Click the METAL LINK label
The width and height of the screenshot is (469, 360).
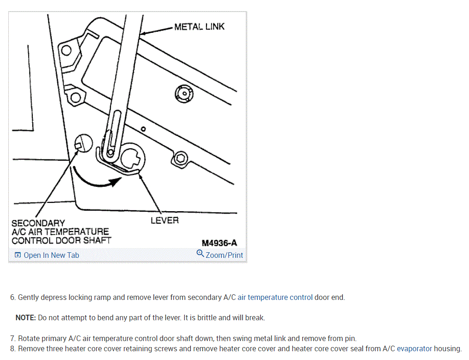(199, 27)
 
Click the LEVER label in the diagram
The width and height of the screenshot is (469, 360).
(164, 220)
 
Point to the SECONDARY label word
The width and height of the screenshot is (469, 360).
(38, 223)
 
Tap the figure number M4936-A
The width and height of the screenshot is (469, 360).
(219, 243)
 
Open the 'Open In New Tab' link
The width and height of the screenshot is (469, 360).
(51, 255)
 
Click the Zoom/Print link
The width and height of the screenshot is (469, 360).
(224, 255)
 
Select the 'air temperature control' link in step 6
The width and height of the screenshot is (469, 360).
(275, 298)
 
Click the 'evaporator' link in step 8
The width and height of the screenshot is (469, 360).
(414, 349)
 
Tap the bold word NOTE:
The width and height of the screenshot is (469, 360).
(25, 318)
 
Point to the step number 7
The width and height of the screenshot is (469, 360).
(12, 339)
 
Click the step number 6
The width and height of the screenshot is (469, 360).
(12, 298)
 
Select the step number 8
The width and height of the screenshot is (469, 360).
(12, 349)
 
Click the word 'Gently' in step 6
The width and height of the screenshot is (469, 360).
(28, 298)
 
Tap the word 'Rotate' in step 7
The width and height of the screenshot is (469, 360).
(29, 339)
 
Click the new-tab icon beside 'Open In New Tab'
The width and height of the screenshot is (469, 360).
(18, 255)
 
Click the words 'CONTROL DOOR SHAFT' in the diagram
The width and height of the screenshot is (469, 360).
(61, 240)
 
